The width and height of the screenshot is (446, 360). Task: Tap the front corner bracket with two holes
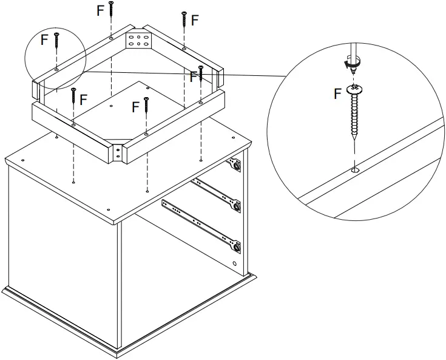117,152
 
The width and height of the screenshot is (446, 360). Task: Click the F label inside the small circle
43,39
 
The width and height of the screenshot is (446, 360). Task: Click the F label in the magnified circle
338,93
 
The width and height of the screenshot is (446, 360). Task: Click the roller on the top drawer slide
235,164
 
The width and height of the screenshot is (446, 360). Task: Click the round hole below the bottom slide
235,264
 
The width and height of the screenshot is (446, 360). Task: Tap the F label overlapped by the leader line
193,76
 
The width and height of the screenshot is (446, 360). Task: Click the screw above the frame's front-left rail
73,97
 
